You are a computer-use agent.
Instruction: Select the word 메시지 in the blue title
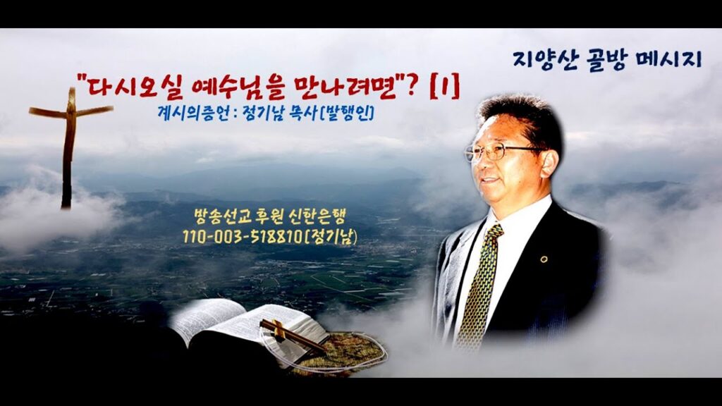tap(670, 60)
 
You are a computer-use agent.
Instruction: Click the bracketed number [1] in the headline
tap(444, 88)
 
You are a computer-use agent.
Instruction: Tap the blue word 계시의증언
tap(192, 114)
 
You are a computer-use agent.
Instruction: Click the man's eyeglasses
tap(500, 152)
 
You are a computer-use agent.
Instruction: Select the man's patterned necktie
tap(479, 285)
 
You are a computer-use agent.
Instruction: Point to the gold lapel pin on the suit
tap(544, 259)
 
